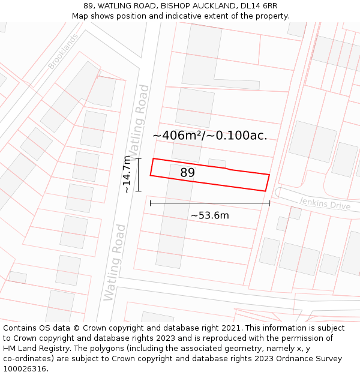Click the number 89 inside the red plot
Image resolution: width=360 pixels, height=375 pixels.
tap(188, 173)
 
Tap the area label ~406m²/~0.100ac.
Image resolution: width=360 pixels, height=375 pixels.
tap(210, 136)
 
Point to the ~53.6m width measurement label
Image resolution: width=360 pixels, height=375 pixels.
tap(209, 215)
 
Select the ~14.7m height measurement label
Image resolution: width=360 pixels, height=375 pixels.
tap(127, 175)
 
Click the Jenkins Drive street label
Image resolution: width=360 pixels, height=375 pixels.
tap(325, 203)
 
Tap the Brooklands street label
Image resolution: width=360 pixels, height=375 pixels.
tap(63, 52)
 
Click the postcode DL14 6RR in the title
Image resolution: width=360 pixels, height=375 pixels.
tap(258, 6)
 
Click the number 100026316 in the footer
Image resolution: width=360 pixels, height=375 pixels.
tap(26, 369)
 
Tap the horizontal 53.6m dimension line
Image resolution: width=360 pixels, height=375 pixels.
tap(209, 203)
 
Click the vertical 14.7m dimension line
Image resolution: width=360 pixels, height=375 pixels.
tap(139, 175)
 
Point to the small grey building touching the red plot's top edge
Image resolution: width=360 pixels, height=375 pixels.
tap(217, 163)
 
